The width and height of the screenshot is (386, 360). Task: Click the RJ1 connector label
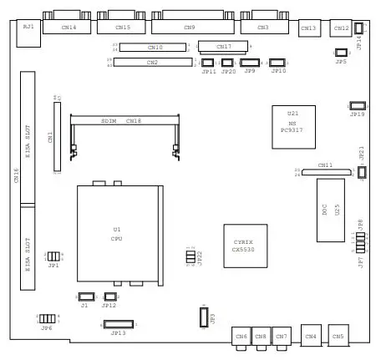pos(28,28)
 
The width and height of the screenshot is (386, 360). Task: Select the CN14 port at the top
pos(70,26)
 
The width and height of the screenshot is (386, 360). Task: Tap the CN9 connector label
pos(190,27)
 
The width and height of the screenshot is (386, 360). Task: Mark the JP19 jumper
pos(357,105)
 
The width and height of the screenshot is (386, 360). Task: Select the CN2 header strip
pos(152,63)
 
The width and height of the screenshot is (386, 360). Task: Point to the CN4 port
pos(311,337)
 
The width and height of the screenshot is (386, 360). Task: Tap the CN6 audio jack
pos(241,337)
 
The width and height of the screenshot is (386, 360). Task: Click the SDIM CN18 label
pos(122,121)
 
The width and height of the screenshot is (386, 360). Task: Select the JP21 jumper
pos(361,172)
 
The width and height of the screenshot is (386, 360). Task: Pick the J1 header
pos(85,297)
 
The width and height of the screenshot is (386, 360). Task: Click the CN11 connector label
pos(324,165)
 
